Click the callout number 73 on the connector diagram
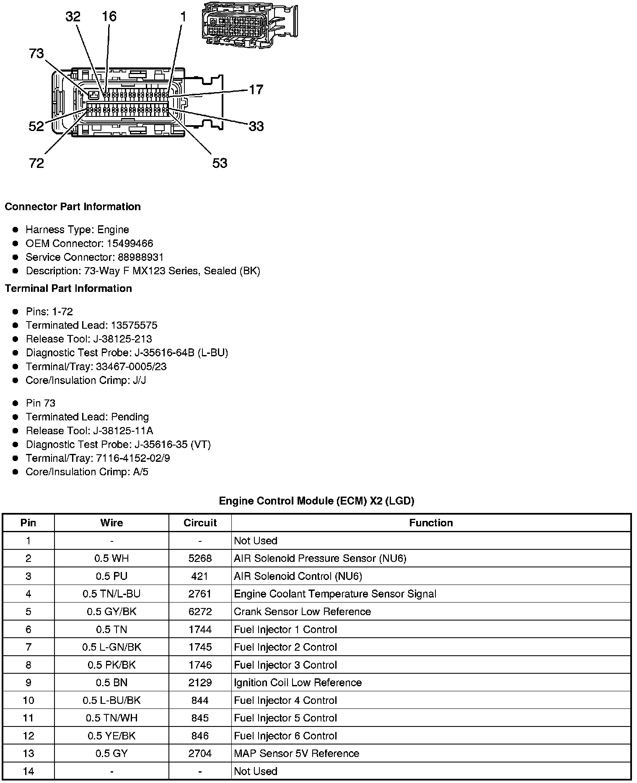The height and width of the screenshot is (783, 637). [x=36, y=54]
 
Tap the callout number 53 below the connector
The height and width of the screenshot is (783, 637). [x=220, y=163]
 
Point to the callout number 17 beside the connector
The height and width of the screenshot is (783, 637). [x=256, y=90]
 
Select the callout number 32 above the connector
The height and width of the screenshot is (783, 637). [x=73, y=17]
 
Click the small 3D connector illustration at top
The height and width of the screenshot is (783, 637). [x=249, y=25]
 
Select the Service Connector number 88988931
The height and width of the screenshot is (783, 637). [x=137, y=257]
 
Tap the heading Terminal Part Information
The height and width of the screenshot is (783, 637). [x=68, y=288]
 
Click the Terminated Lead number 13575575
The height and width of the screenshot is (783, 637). [x=134, y=325]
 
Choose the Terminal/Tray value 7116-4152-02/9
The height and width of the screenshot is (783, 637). [x=133, y=458]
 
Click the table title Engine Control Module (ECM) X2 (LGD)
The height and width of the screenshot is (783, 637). [x=316, y=501]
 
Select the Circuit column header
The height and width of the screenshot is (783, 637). [x=200, y=523]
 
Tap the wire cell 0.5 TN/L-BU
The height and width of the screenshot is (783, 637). [x=111, y=594]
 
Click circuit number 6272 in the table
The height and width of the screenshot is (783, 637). [x=200, y=611]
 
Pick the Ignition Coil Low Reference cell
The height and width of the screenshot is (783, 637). [x=298, y=683]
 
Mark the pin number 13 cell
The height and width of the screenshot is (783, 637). [x=28, y=753]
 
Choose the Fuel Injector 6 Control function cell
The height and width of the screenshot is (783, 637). [x=285, y=736]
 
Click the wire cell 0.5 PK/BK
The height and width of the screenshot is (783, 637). [x=111, y=665]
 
